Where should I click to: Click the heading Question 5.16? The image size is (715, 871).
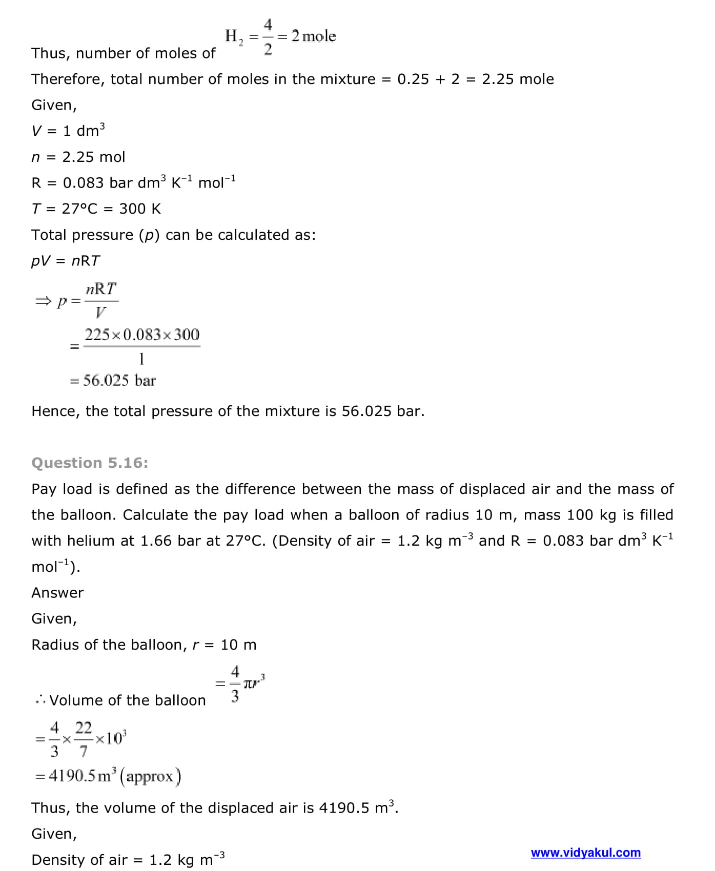[x=90, y=463]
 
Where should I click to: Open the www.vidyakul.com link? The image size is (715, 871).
[x=585, y=853]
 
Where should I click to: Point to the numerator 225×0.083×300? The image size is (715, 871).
[x=142, y=335]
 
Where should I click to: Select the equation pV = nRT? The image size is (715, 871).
[x=66, y=261]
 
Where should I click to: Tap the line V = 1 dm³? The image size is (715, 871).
[x=68, y=131]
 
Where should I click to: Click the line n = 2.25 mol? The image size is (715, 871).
[x=78, y=157]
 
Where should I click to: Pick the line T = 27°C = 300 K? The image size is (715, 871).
[x=96, y=209]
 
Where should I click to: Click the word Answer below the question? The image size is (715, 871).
[x=57, y=593]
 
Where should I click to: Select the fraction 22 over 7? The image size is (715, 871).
[x=84, y=739]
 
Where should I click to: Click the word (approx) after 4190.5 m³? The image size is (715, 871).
[x=150, y=776]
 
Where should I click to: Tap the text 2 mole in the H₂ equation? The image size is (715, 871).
[x=313, y=36]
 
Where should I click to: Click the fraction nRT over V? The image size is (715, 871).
[x=101, y=300]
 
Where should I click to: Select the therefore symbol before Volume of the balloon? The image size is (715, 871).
[x=40, y=700]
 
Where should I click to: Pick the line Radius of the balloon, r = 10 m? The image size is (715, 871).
[x=144, y=645]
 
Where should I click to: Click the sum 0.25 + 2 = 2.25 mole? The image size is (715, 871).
[x=475, y=79]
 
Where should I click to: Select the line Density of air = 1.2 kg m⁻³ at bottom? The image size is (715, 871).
[x=128, y=859]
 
